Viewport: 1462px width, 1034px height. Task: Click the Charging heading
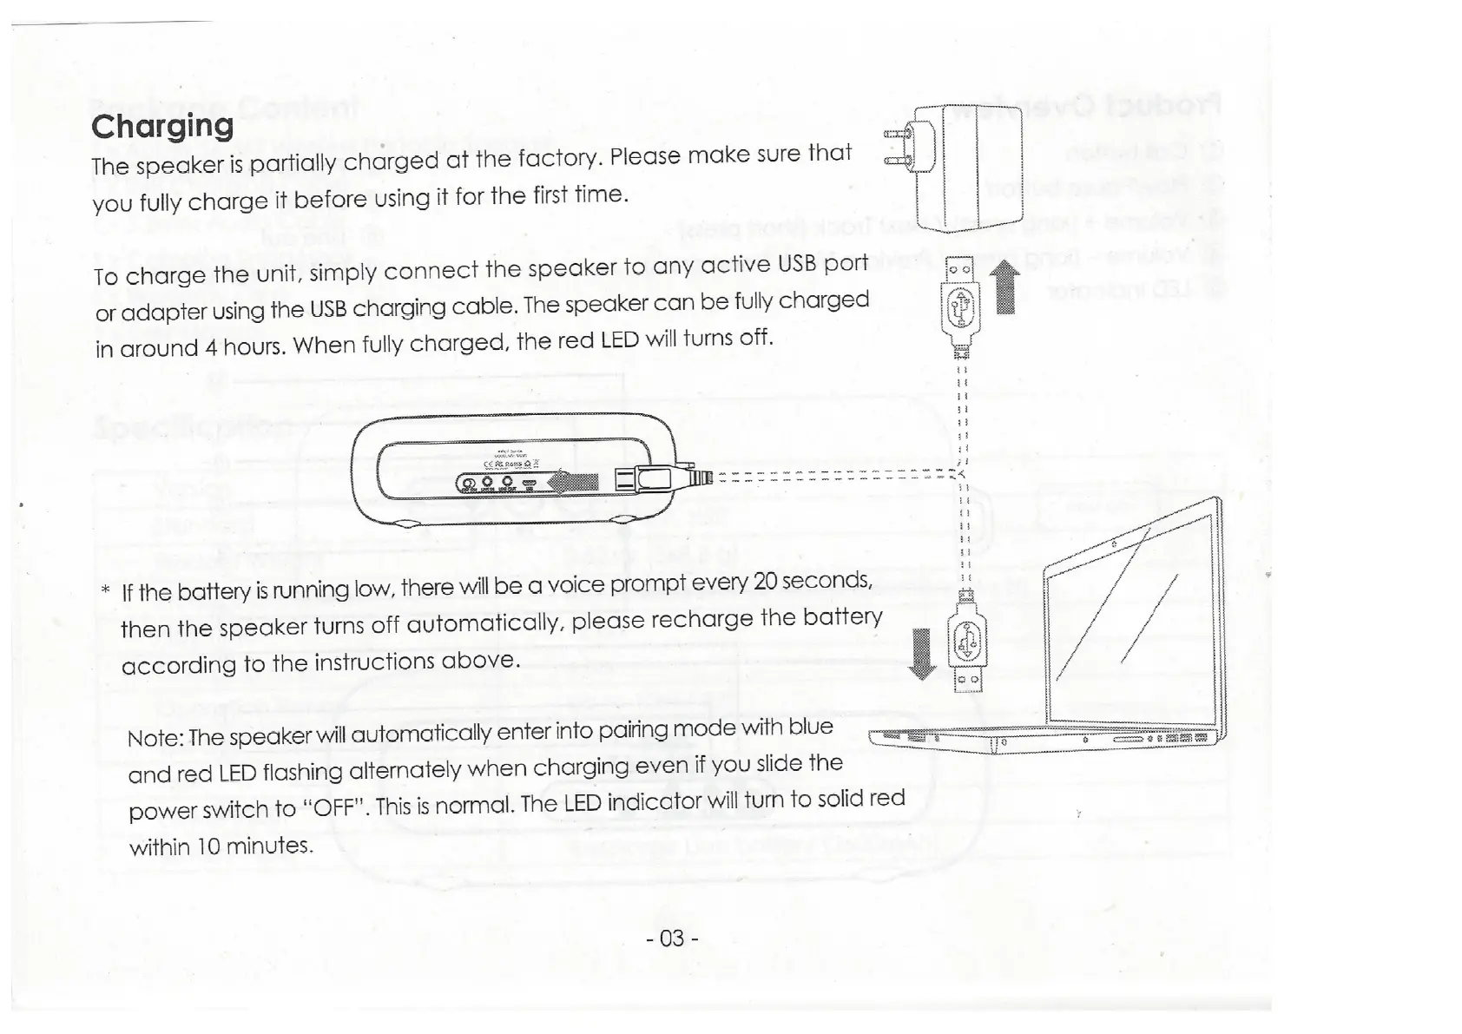point(162,126)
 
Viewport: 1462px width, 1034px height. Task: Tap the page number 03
point(673,939)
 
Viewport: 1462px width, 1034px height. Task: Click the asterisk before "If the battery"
point(104,591)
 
